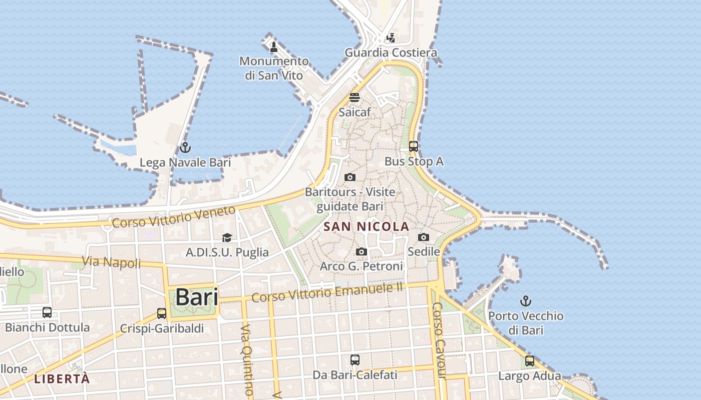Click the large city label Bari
tap(197, 297)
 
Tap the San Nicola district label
tap(367, 226)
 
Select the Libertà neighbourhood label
tap(62, 378)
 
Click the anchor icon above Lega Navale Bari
tap(185, 147)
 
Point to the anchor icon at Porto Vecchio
tap(525, 301)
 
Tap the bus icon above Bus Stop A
tap(414, 146)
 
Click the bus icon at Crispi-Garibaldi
tap(162, 313)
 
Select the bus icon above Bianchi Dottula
tap(47, 312)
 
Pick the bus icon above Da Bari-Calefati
tap(355, 359)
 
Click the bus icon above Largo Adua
tap(530, 360)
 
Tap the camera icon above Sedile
tap(424, 237)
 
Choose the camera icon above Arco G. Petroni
tap(361, 251)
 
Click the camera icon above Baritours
tap(350, 177)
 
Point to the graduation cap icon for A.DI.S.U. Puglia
tap(227, 237)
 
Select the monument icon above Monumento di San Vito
tap(274, 47)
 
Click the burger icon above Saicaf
tap(355, 97)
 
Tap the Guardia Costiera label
tap(391, 52)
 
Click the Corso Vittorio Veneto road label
tap(173, 216)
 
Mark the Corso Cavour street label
tap(439, 340)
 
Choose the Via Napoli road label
tap(111, 261)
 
